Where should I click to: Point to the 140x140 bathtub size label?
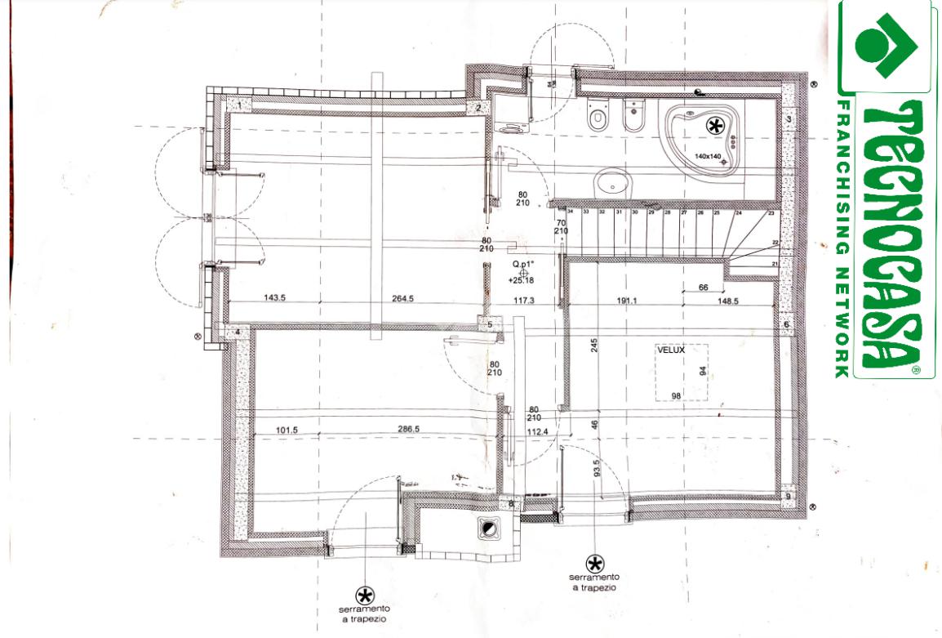point(708,155)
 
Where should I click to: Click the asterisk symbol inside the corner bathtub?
point(715,126)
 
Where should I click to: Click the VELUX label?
point(670,350)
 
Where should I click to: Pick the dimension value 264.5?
point(402,298)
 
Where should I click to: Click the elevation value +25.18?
point(521,280)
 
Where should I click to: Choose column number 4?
point(238,332)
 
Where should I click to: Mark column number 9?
point(789,496)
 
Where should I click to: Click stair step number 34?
point(571,212)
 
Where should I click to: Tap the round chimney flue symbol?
point(488,528)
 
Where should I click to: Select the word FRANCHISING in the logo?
point(840,176)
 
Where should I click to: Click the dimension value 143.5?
point(275,298)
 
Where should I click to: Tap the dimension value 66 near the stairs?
point(703,288)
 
